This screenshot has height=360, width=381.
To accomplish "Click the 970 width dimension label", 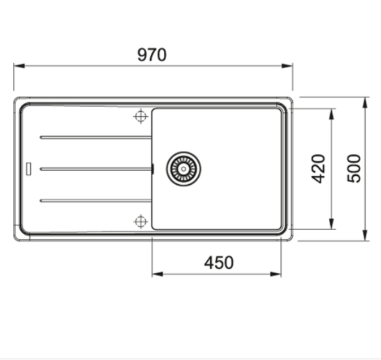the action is [x=152, y=55].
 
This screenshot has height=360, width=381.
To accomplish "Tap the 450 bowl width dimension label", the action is [x=219, y=263].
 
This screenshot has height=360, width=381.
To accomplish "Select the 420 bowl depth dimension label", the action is [x=318, y=169].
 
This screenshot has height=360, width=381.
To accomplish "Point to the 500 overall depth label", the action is [x=354, y=169].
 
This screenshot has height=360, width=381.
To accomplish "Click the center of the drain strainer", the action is [x=184, y=169].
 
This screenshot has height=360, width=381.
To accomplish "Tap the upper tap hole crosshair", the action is [x=140, y=116].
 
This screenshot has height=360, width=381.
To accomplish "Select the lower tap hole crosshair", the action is [x=140, y=222].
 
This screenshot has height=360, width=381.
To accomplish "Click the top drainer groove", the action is [x=95, y=138].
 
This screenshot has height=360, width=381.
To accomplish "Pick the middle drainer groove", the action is [x=95, y=169].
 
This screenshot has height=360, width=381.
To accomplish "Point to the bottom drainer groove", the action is [x=95, y=201].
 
